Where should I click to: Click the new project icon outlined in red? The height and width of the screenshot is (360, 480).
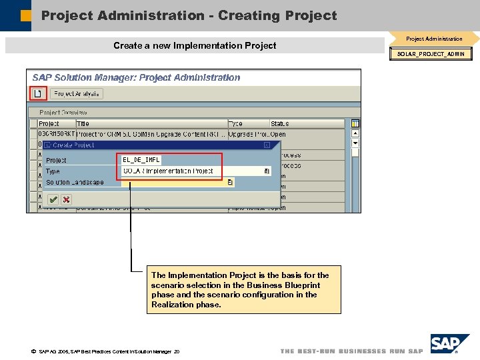(x=38, y=94)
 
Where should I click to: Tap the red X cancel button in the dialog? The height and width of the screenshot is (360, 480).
(x=66, y=199)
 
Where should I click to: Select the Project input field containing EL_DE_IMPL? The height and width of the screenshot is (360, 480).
(x=141, y=160)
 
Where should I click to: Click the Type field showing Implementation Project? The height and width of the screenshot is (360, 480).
(x=193, y=171)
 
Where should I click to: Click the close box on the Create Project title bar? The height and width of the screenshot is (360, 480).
(x=267, y=145)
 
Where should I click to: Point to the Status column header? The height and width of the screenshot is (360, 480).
(x=280, y=124)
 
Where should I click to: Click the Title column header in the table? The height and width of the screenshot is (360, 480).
(x=83, y=124)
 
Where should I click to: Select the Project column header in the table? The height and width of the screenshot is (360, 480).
(x=49, y=124)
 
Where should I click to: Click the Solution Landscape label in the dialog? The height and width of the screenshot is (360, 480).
(x=75, y=182)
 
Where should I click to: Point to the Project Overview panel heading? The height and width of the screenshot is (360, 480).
(x=63, y=113)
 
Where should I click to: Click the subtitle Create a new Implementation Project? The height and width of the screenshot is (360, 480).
(x=195, y=45)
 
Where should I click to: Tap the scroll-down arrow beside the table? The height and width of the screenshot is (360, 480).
(x=355, y=143)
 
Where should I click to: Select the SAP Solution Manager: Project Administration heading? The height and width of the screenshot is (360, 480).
(x=137, y=77)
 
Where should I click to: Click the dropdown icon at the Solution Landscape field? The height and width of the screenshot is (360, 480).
(x=230, y=182)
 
